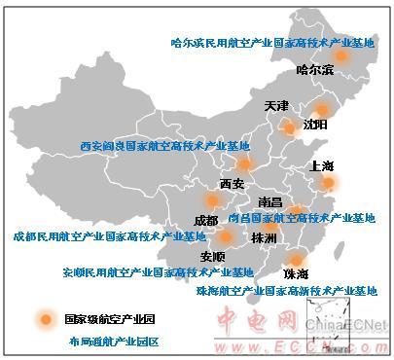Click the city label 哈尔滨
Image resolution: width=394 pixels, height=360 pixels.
coord(314,70)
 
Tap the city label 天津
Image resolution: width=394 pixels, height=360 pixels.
coord(276,105)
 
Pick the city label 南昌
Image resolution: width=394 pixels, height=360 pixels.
coord(270,202)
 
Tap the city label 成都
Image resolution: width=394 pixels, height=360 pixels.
coord(206,220)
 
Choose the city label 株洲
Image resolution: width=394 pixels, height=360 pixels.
coord(264,238)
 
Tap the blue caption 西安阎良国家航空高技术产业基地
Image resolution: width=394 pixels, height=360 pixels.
coord(165,146)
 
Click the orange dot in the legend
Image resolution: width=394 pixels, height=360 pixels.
coord(43,318)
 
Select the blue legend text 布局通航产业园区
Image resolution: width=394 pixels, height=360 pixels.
coord(113,342)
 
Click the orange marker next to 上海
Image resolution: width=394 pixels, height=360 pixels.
coord(329,182)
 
